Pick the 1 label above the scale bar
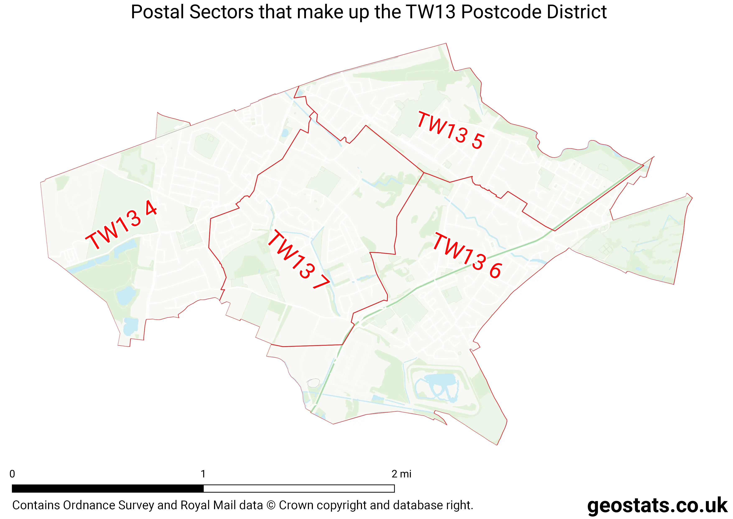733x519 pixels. coord(203,474)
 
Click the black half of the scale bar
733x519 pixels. coord(108,488)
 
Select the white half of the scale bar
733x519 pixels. coord(299,488)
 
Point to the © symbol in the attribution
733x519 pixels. coord(271,505)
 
